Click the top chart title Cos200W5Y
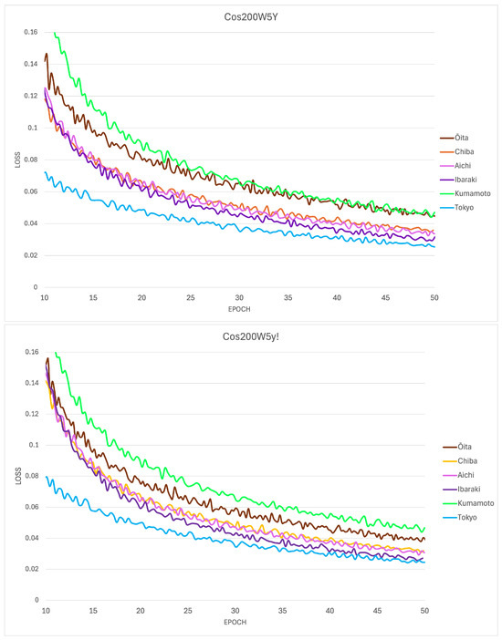pos(251,16)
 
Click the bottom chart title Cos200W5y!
pos(251,336)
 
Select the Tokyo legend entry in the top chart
pos(457,207)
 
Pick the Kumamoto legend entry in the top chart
pos(465,193)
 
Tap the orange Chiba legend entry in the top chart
pos(457,151)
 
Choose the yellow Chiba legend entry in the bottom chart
pos(460,460)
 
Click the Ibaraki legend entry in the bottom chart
pos(462,489)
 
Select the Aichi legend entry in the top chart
pos(455,165)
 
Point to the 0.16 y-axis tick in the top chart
pos(31,32)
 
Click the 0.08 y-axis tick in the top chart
pos(31,160)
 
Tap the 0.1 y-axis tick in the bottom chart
pos(34,445)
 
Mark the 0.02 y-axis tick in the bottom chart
pos(32,569)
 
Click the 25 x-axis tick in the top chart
pos(191,297)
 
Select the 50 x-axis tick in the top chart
pos(434,297)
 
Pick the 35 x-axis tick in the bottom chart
pos(282,611)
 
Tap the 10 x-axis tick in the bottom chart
pos(46,611)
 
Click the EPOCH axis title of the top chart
pos(239,309)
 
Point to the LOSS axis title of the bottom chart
pos(18,476)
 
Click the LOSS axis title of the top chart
pos(17,160)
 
